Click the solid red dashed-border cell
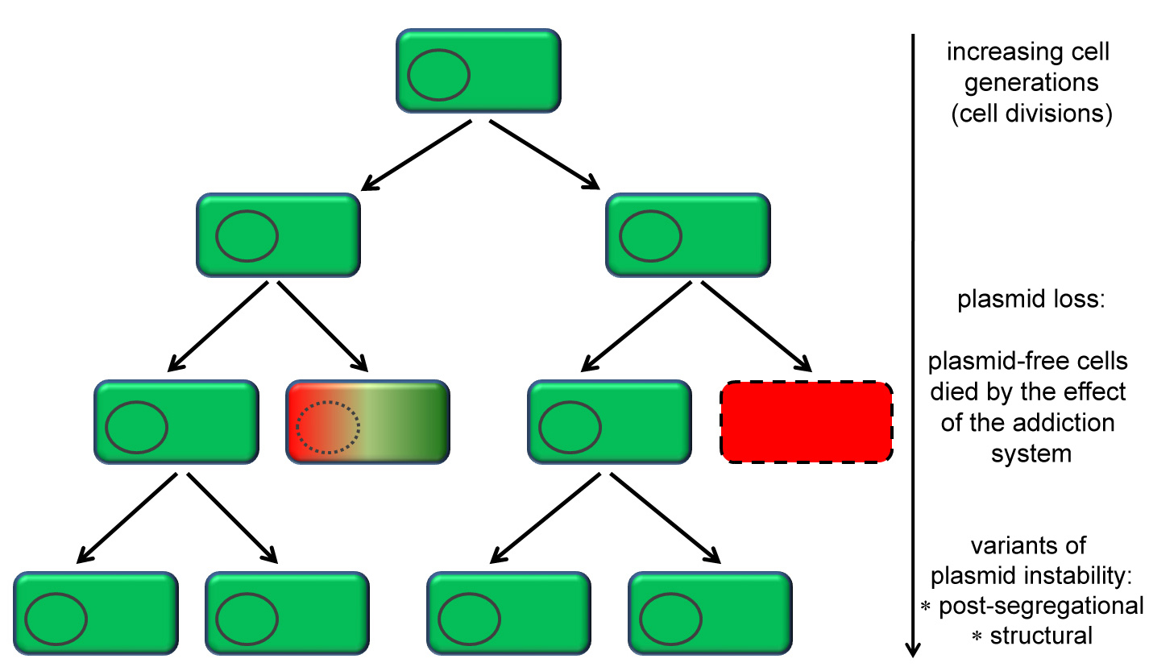pyautogui.click(x=807, y=421)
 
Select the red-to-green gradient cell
pyautogui.click(x=368, y=423)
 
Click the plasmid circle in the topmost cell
pyautogui.click(x=438, y=74)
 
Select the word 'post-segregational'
pyautogui.click(x=1041, y=606)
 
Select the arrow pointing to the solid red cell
pyautogui.click(x=760, y=327)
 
